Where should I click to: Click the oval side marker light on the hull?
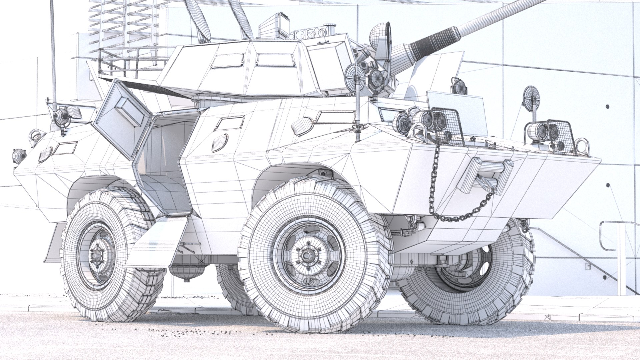click(220, 141)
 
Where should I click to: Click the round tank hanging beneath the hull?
click(187, 271)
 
